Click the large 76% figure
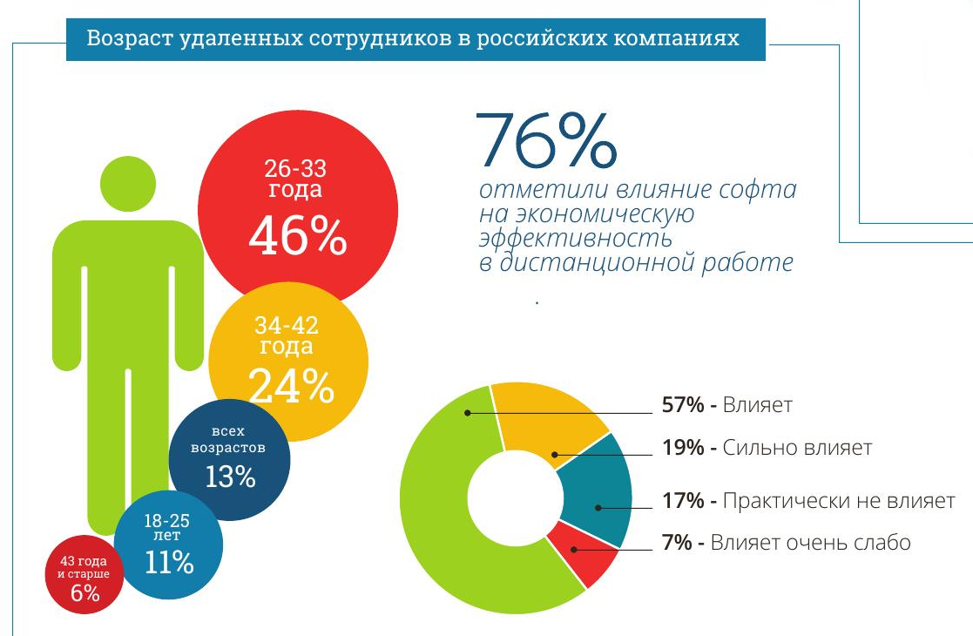pos(547,142)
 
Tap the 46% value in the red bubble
pos(297,235)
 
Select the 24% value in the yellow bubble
pos(291,387)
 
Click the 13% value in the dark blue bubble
pos(230,477)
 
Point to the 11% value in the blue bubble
pos(168,562)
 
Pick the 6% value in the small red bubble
pos(85,594)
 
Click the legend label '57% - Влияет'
pos(726,405)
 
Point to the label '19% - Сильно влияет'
pos(767,449)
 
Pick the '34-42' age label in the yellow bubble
pos(287,326)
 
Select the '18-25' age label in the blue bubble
pos(167,521)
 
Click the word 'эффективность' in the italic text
pos(576,237)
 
